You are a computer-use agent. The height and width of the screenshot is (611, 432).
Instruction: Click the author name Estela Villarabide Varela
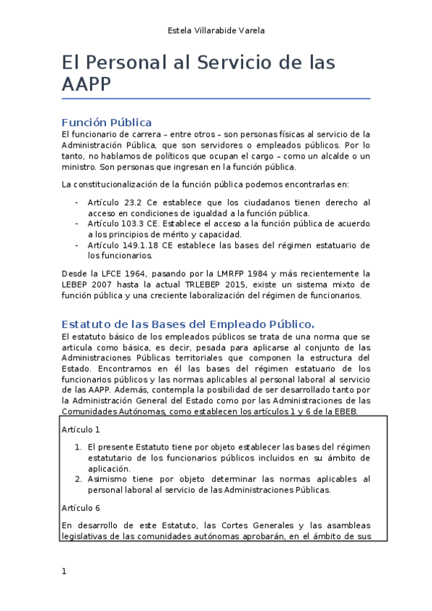[216, 30]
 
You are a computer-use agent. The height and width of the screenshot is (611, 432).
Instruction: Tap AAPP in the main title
[86, 84]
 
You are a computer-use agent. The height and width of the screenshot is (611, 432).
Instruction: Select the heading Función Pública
[106, 122]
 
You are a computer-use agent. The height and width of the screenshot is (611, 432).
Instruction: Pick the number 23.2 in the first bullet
[132, 202]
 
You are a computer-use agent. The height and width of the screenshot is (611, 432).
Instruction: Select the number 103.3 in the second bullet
[135, 223]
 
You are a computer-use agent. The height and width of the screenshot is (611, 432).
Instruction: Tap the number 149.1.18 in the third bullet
[141, 245]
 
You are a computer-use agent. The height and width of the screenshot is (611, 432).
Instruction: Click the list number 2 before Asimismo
[78, 479]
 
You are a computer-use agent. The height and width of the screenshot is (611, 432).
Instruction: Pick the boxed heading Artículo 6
[81, 507]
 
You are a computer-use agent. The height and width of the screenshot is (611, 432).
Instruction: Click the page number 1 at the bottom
[64, 571]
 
